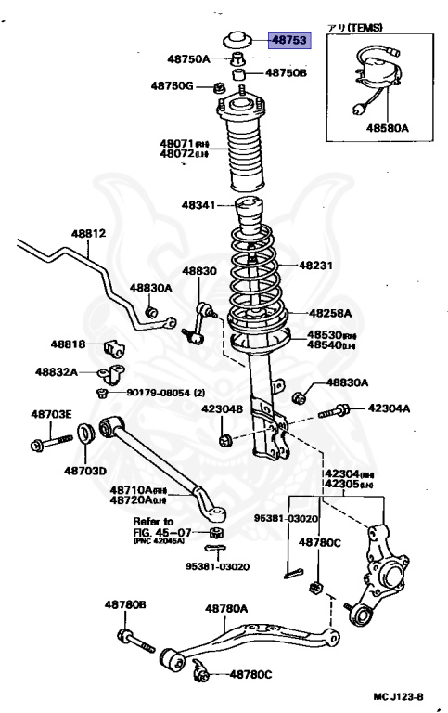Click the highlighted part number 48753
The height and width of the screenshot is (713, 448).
[x=289, y=40]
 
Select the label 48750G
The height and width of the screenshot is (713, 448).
[x=173, y=85]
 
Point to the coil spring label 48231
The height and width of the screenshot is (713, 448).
[x=316, y=265]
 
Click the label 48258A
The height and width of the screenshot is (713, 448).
[x=330, y=314]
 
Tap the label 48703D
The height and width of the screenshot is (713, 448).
[x=85, y=470]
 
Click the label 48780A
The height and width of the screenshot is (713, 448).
[x=226, y=609]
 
